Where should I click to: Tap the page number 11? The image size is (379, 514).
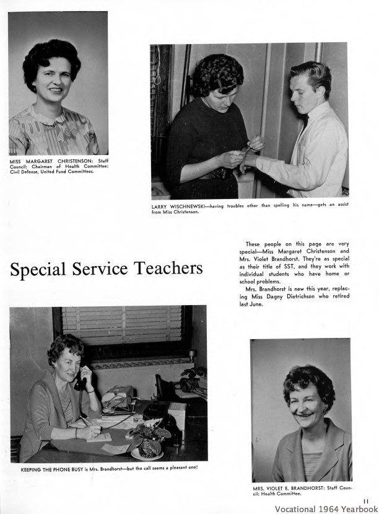point(366,501)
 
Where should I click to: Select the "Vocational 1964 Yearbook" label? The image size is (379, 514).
point(326,509)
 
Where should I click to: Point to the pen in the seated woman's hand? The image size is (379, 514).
point(84,421)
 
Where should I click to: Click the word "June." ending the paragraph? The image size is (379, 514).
point(256,304)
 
